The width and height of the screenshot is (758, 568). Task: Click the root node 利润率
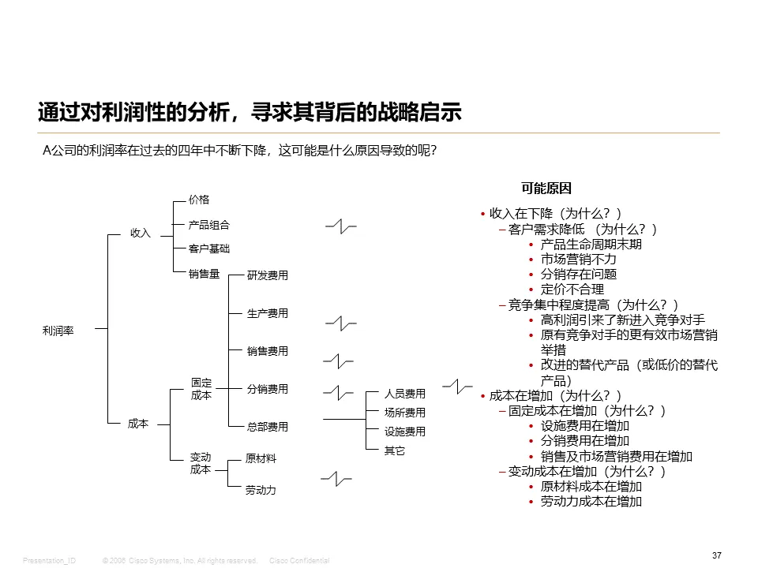coord(58,331)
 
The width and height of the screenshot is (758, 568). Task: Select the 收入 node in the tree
coord(140,234)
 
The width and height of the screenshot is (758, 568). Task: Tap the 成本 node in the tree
coord(138,424)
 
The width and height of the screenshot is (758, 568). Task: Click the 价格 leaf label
coord(199,200)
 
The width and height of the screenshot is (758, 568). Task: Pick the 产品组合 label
coord(209,226)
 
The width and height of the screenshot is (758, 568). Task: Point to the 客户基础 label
coord(209,249)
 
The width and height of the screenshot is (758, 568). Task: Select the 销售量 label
coord(204,275)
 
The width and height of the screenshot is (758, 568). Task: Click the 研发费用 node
coord(268,276)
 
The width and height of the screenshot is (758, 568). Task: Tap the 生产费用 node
coord(268,314)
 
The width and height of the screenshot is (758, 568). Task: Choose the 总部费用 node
coord(268,428)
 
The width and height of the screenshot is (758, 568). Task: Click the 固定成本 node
coord(201,390)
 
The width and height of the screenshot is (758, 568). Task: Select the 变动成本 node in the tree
coord(201,464)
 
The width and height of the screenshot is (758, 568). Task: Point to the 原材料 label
coord(261,459)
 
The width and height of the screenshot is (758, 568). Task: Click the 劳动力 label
coord(261,491)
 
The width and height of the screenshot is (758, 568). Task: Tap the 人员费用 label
coord(405,394)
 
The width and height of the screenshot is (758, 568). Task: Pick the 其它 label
coord(395,451)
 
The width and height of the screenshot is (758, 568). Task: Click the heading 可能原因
coord(546,189)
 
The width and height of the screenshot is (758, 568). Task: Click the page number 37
coord(717,556)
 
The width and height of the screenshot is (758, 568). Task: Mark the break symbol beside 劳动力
coord(337,478)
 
